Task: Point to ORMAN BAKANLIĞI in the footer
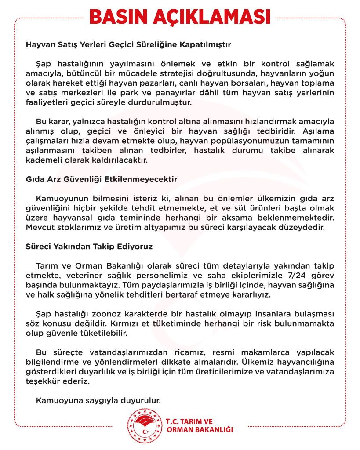(x=200, y=429)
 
